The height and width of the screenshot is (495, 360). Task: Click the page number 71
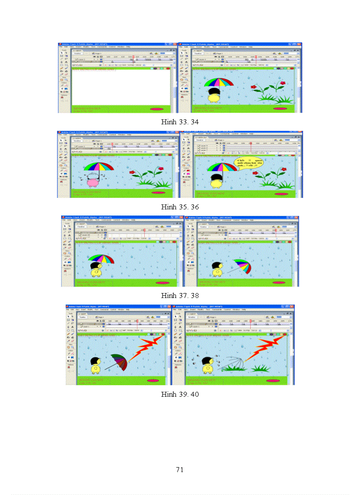click(x=180, y=469)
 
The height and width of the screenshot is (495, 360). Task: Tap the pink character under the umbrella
click(x=93, y=181)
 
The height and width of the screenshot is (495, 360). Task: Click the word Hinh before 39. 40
click(x=169, y=394)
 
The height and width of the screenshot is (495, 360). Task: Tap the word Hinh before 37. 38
click(x=169, y=295)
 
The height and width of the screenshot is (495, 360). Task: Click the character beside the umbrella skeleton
click(x=207, y=365)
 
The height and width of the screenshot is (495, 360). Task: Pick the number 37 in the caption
click(x=183, y=295)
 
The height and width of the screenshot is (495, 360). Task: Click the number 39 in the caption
click(x=183, y=394)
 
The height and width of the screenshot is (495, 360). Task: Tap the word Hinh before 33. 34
click(x=169, y=122)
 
